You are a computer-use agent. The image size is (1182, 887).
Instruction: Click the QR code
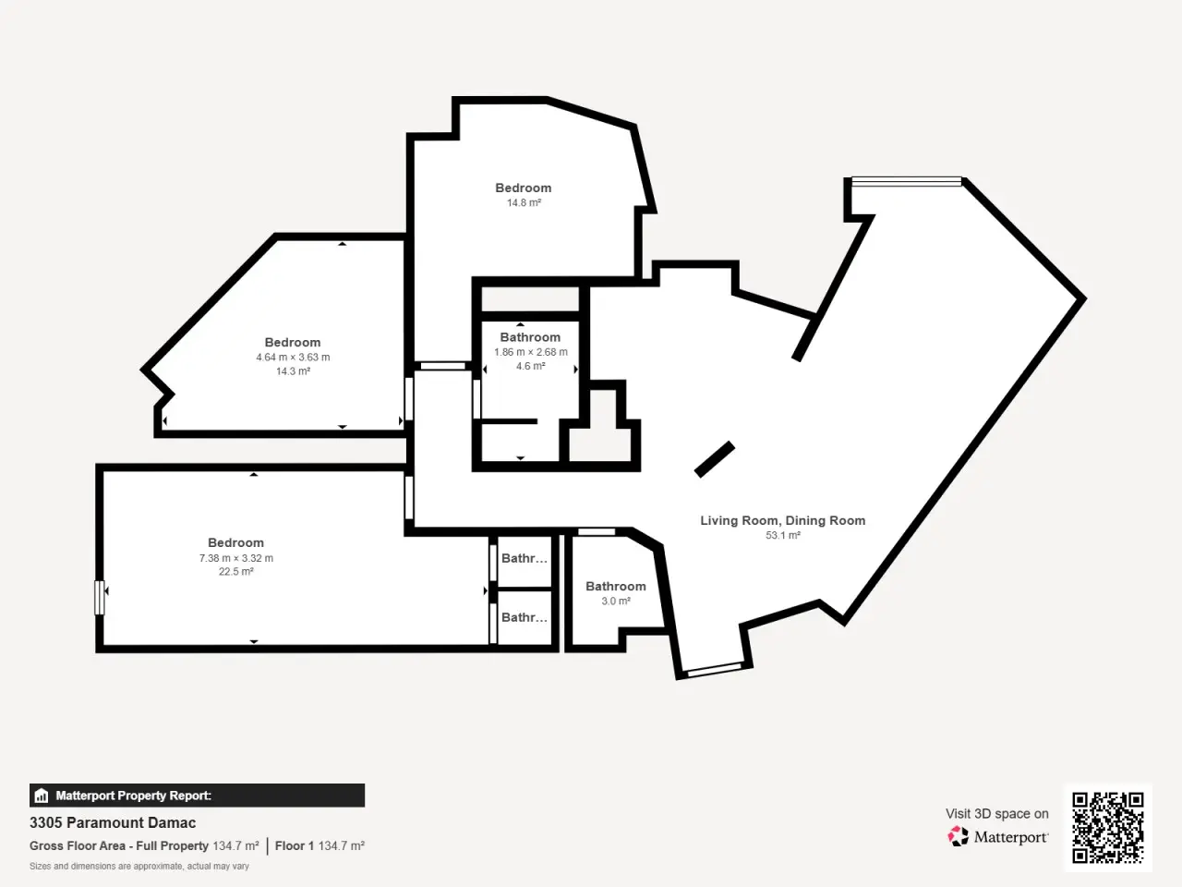(x=1108, y=827)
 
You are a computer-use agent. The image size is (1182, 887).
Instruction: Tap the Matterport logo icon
(x=958, y=836)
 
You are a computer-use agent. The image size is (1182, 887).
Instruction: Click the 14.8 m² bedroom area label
(x=524, y=202)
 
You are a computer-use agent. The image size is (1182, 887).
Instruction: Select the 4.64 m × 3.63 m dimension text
(x=293, y=357)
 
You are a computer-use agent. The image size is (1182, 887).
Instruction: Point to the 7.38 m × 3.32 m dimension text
(x=235, y=558)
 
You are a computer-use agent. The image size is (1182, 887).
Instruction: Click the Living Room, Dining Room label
(x=782, y=520)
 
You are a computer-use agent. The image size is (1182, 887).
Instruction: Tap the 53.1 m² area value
(x=783, y=535)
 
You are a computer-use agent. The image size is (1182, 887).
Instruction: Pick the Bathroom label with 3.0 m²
(x=616, y=586)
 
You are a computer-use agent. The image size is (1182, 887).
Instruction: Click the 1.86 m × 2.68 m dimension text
(x=530, y=352)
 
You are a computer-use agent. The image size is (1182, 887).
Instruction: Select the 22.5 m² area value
(x=235, y=571)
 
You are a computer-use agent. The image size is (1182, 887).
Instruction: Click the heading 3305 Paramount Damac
(x=113, y=822)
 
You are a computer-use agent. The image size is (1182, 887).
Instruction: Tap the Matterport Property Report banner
(x=197, y=795)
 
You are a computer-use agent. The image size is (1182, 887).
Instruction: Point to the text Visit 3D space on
(x=996, y=813)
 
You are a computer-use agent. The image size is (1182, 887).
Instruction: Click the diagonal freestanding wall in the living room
(x=715, y=459)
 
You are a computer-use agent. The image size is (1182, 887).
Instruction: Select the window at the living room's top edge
(x=906, y=182)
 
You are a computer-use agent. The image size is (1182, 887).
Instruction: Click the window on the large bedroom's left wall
(x=99, y=597)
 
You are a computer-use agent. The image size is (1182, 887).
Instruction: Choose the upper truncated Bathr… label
(x=524, y=558)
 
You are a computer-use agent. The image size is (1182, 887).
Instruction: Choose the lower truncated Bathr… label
(x=524, y=617)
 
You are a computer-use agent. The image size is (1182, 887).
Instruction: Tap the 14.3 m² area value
(x=293, y=371)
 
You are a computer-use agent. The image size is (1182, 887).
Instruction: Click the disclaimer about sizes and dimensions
(x=139, y=866)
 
